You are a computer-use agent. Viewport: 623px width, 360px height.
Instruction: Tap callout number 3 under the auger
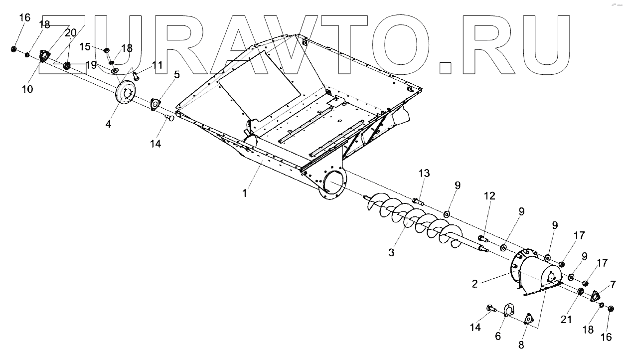click(392, 253)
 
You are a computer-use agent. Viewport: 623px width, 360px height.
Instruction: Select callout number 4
click(108, 124)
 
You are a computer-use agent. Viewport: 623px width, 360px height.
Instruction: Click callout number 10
click(27, 89)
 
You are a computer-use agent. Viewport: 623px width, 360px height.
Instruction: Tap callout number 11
click(157, 65)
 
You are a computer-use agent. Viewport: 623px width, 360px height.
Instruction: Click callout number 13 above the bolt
click(424, 173)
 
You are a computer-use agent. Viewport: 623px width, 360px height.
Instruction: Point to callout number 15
click(84, 46)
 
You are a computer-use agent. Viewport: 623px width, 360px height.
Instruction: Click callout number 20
click(70, 32)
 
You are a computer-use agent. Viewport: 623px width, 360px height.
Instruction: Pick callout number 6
click(498, 337)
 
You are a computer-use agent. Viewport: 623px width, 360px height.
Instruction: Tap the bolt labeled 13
click(418, 201)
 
